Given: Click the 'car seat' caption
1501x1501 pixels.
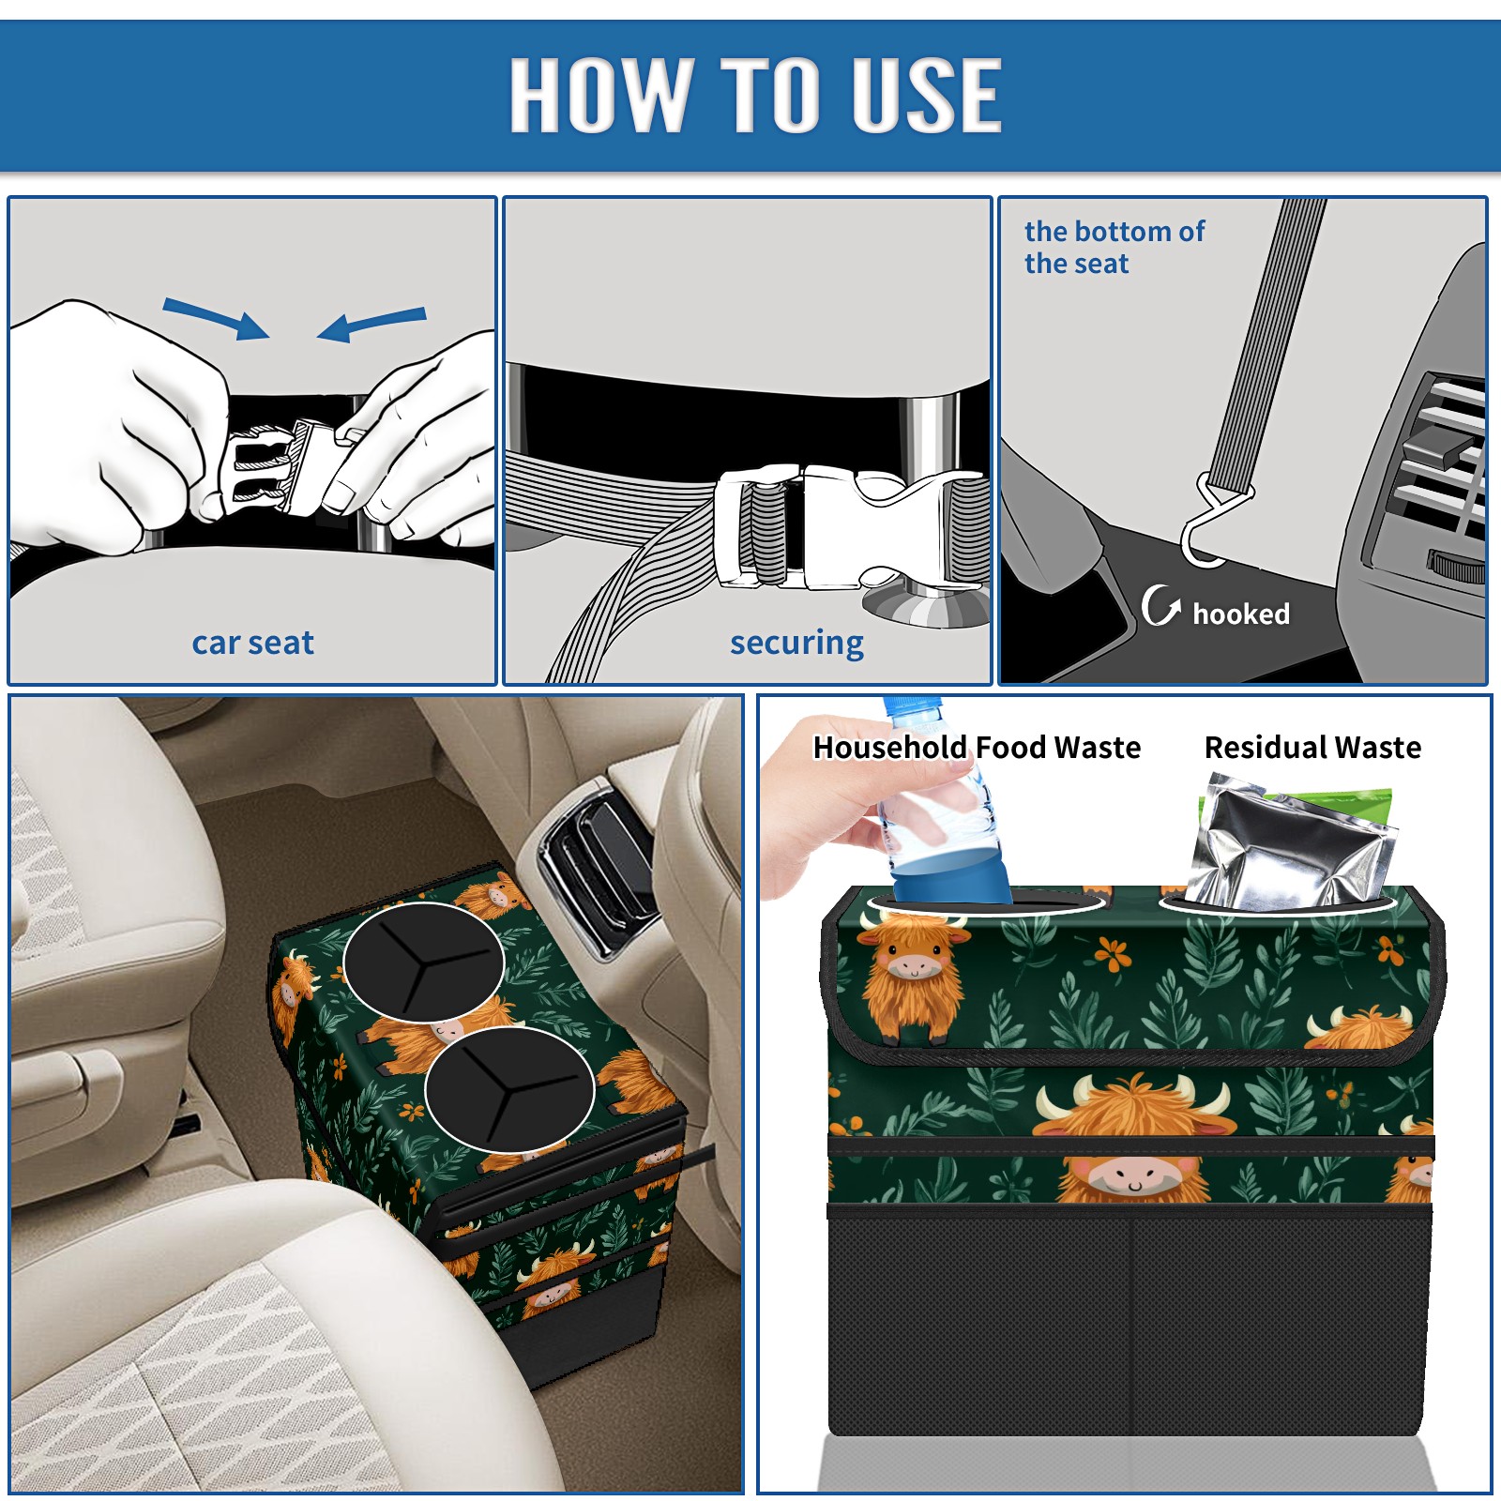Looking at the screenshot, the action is (252, 643).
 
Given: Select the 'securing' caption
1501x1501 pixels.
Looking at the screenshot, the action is (796, 644).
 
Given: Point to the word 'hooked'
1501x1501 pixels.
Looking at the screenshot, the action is (1241, 614).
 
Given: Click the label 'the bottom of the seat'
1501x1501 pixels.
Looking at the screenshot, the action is (1114, 247).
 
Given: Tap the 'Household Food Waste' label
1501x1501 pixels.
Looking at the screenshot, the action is (977, 747).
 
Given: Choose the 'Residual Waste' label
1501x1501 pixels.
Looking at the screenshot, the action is (1312, 747).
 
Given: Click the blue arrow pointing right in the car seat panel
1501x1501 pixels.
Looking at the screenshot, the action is (216, 318).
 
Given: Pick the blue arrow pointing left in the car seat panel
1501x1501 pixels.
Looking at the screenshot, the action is (371, 324).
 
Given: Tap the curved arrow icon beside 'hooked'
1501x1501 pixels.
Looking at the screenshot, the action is (1160, 605).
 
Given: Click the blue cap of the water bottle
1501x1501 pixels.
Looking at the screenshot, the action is (913, 705).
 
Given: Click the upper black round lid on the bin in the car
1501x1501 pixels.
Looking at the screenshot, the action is (423, 963).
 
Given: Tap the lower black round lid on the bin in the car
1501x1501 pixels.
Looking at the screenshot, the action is (509, 1089).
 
